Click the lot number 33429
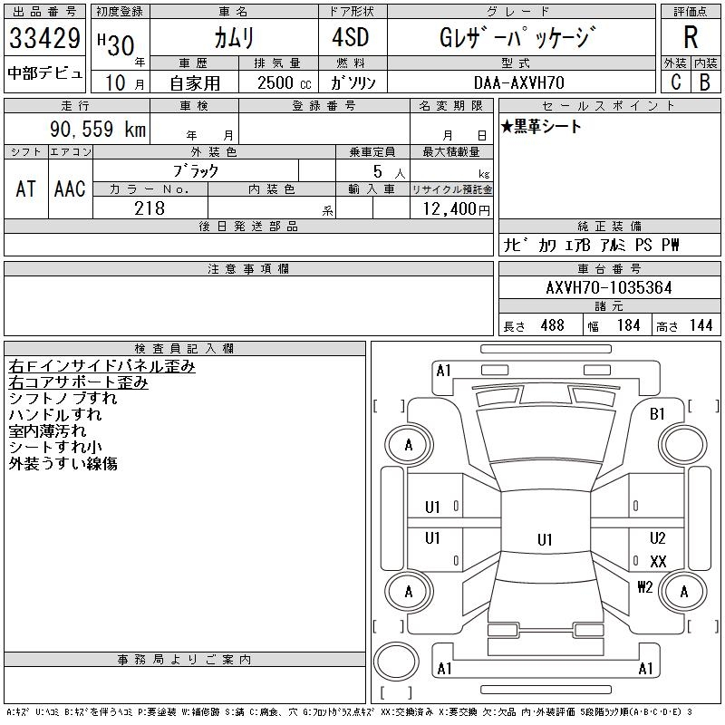(44, 38)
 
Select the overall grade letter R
(691, 37)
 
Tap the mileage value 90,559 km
(98, 129)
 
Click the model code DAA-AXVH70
(519, 82)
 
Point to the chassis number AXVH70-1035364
(609, 287)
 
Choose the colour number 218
(150, 208)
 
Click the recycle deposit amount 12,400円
(457, 209)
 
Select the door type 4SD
(351, 37)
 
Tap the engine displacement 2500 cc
(284, 83)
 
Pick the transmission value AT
(26, 188)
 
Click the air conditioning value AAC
(70, 188)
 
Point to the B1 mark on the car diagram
(657, 414)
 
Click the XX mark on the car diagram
(658, 562)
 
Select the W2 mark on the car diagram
(645, 587)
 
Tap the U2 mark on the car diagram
(658, 537)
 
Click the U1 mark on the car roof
(545, 539)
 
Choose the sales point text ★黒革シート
(541, 126)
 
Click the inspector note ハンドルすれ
(55, 415)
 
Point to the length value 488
(552, 325)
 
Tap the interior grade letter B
(705, 82)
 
